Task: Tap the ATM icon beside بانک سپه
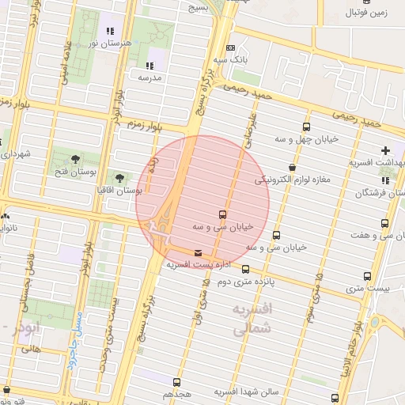230,47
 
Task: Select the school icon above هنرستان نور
109,32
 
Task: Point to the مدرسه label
150,78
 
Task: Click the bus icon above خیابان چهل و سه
307,127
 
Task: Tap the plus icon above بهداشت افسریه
386,150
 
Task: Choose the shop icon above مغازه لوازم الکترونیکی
293,168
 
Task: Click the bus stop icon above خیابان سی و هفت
384,224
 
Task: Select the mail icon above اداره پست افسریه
197,253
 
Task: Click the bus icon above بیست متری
367,276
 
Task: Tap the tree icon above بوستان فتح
78,158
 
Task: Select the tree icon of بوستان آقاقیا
119,178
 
